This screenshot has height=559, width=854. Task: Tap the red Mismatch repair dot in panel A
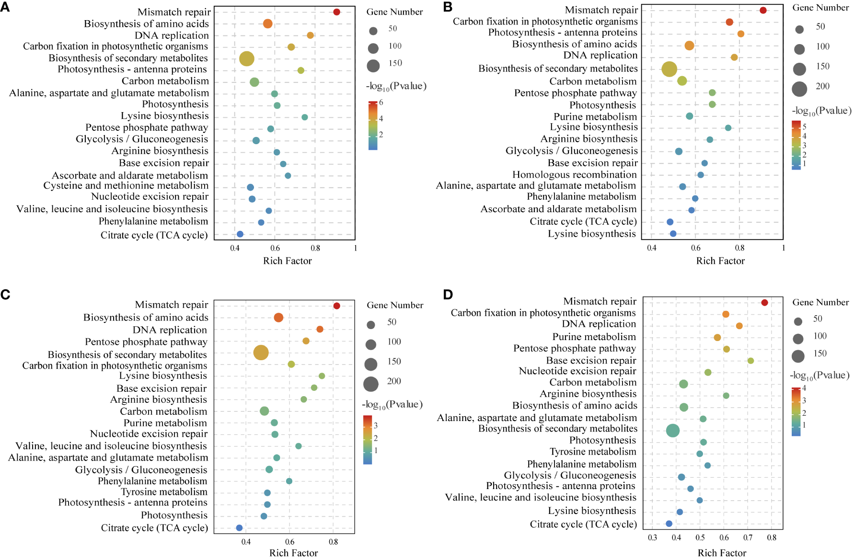click(336, 12)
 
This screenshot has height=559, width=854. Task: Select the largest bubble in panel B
click(669, 69)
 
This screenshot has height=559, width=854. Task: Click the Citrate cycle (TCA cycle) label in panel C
click(154, 528)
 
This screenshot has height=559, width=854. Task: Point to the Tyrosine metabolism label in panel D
click(593, 452)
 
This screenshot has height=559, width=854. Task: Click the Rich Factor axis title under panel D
click(722, 553)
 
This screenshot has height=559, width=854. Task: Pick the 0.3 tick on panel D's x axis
click(652, 537)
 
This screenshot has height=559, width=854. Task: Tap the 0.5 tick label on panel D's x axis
click(700, 537)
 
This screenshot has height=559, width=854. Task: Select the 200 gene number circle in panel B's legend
click(799, 89)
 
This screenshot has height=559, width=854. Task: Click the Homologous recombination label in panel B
click(575, 175)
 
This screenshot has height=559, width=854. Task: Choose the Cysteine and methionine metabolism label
click(126, 186)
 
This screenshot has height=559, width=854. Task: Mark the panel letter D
click(448, 294)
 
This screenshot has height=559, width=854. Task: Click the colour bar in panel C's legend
click(368, 440)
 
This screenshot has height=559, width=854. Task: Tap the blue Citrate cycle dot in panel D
click(669, 524)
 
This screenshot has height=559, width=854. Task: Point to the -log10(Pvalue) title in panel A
click(396, 87)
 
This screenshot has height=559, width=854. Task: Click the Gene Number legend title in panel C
click(395, 305)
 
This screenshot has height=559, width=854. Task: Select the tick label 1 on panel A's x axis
click(355, 248)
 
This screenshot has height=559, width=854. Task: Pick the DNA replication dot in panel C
click(320, 329)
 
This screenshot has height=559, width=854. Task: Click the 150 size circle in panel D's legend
click(798, 356)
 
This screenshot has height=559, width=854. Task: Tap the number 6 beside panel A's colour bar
click(381, 103)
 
